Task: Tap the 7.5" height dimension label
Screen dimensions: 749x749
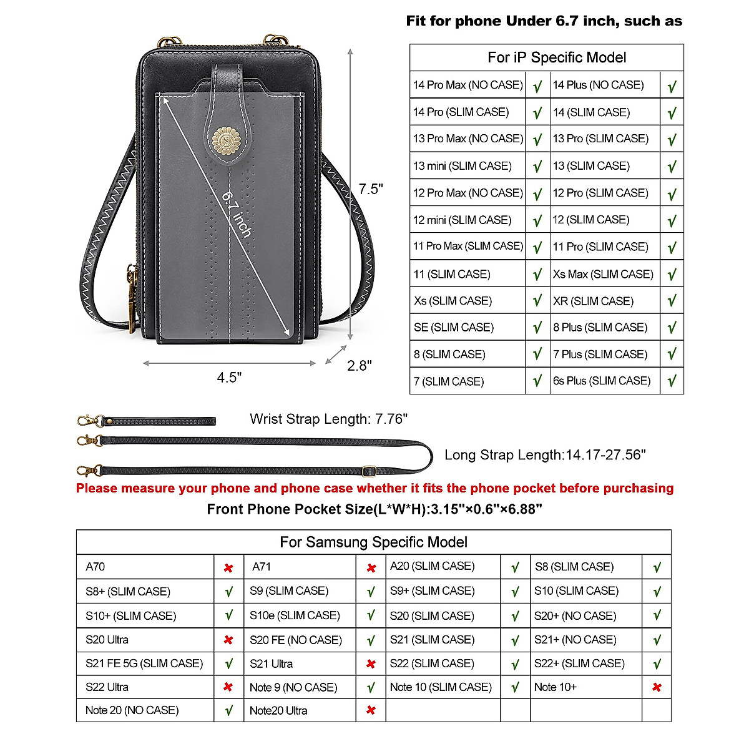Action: pos(371,189)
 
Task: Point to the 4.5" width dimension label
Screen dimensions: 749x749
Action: pos(229,377)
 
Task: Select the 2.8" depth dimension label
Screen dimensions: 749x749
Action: pos(359,365)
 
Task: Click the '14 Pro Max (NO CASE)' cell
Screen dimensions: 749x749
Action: pos(468,85)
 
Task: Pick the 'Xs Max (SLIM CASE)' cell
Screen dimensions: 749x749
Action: pos(603,274)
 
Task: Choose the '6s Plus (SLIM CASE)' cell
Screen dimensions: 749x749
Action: pos(602,381)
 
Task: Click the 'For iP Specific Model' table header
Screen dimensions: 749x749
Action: pos(556,58)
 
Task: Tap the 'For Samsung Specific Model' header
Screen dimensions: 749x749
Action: pos(373,542)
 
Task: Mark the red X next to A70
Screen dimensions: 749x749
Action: pos(228,568)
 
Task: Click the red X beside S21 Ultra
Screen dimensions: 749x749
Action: pos(371,664)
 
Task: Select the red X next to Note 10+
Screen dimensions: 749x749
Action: pos(657,687)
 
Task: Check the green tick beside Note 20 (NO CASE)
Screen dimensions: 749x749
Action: pos(229,710)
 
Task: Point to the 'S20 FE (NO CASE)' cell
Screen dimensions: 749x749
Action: pos(296,640)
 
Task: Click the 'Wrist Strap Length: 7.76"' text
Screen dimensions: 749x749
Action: pos(328,419)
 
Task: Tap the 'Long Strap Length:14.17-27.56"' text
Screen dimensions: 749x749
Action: pos(545,455)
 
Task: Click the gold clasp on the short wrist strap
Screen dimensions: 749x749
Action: pos(88,420)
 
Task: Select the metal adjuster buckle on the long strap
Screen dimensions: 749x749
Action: pos(369,470)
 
